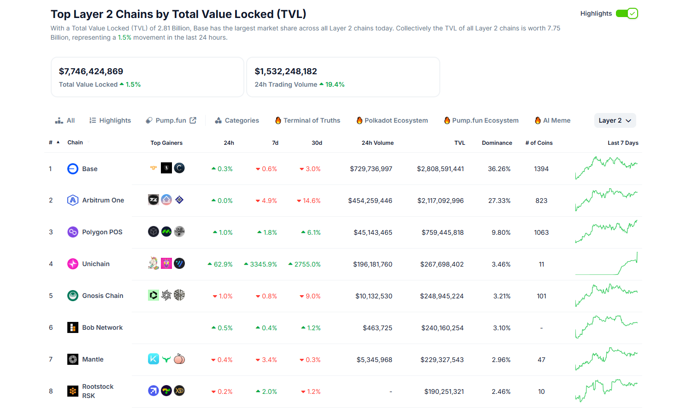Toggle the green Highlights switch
pos(627,13)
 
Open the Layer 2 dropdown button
pos(615,120)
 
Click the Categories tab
pos(237,120)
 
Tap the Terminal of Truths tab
pos(308,120)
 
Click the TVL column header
pos(460,143)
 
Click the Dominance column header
pos(497,143)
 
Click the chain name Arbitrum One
pos(103,200)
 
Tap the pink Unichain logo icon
pos(73,264)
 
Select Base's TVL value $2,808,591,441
pos(440,169)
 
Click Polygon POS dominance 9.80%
pos(501,232)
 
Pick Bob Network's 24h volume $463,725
pos(377,328)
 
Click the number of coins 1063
pos(541,232)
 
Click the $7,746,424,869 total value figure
pos(91,71)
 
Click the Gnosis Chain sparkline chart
pos(606,295)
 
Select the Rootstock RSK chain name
pos(98,391)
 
